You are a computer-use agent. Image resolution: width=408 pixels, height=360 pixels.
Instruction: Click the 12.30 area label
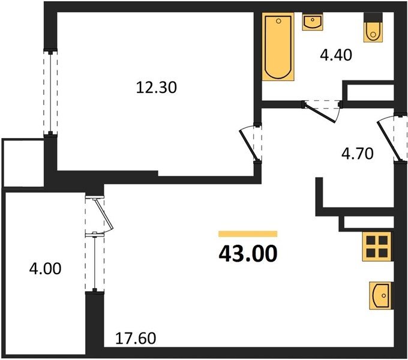[x=157, y=88]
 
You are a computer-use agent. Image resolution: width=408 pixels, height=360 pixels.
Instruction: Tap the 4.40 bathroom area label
[x=336, y=55]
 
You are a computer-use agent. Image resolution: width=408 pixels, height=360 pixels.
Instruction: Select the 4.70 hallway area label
[x=357, y=154]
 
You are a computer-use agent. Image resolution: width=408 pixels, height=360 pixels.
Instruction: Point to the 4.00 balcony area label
[x=45, y=269]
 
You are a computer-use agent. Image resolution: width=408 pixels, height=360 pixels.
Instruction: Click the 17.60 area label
[x=136, y=338]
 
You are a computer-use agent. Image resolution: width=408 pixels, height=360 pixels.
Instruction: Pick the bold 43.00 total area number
[x=248, y=254]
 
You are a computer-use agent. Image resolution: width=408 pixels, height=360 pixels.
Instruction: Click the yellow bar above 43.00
[x=248, y=234]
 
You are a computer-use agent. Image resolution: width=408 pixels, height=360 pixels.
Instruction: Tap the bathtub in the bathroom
[x=278, y=47]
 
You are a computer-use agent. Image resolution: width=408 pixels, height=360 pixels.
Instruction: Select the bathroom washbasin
[x=313, y=22]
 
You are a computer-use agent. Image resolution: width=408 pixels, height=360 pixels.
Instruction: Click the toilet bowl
[x=373, y=31]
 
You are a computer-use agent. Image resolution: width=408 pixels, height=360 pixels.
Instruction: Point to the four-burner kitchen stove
[x=377, y=247]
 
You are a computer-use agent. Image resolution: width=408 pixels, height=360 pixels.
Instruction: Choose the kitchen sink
[x=380, y=296]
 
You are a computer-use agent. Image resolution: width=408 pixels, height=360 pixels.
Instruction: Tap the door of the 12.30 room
[x=250, y=145]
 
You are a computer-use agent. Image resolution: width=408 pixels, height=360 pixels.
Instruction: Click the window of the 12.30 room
[x=50, y=92]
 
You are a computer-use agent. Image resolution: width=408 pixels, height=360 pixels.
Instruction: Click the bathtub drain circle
[x=278, y=21]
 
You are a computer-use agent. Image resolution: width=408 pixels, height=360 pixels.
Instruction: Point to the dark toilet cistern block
[x=373, y=17]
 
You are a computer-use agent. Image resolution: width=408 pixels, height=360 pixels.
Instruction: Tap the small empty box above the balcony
[x=23, y=163]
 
